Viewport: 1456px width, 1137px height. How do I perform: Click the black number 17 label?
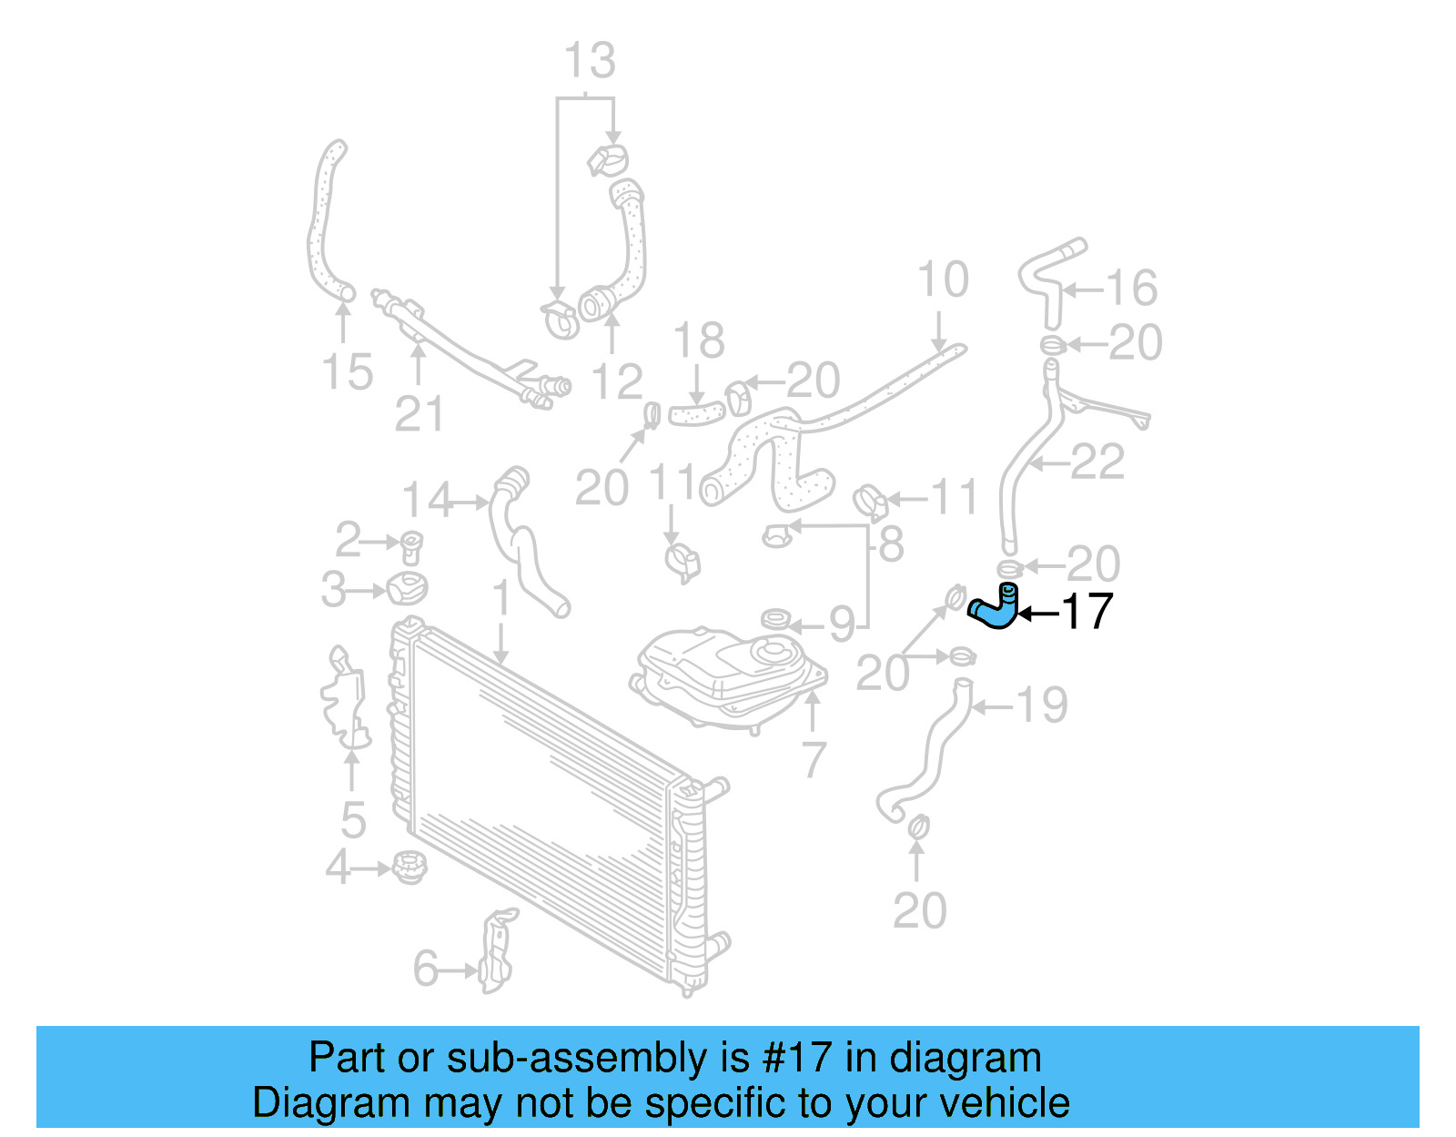pyautogui.click(x=1087, y=612)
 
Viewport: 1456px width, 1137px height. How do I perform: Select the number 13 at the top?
pyautogui.click(x=590, y=61)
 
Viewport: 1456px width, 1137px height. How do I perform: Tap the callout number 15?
pyautogui.click(x=347, y=372)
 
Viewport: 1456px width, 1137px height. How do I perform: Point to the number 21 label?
pyautogui.click(x=419, y=414)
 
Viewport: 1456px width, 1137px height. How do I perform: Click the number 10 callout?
pyautogui.click(x=942, y=279)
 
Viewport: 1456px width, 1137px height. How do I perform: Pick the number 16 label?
pyautogui.click(x=1131, y=289)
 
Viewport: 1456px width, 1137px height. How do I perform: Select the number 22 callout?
pyautogui.click(x=1097, y=462)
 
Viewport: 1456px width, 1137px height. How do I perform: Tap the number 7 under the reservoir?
pyautogui.click(x=814, y=759)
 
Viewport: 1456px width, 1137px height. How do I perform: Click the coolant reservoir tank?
pyautogui.click(x=728, y=674)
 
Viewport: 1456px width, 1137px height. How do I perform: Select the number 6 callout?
pyautogui.click(x=425, y=969)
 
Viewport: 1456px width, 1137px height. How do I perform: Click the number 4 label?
pyautogui.click(x=338, y=868)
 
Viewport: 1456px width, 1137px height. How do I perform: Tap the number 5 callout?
pyautogui.click(x=353, y=820)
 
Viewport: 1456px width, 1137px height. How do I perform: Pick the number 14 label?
pyautogui.click(x=427, y=500)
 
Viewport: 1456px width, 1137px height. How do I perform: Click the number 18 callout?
pyautogui.click(x=698, y=341)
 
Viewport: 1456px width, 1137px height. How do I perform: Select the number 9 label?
pyautogui.click(x=842, y=624)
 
